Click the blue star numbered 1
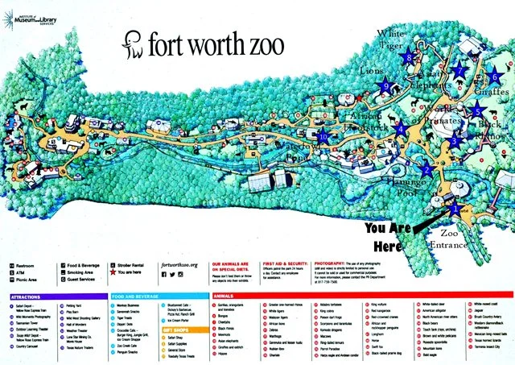pyautogui.click(x=457, y=207)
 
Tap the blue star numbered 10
pyautogui.click(x=323, y=137)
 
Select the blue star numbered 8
pyautogui.click(x=410, y=58)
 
